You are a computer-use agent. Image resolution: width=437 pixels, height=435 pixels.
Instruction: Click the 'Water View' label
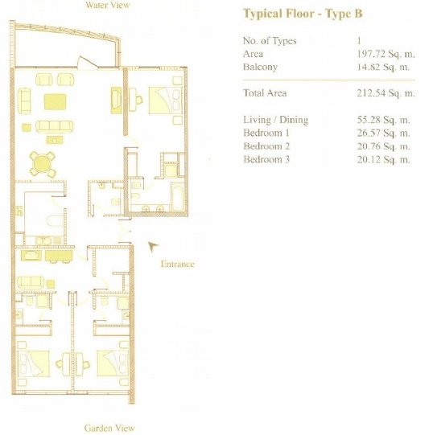coord(107,6)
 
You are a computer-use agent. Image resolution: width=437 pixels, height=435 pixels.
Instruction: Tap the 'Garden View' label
coord(109,429)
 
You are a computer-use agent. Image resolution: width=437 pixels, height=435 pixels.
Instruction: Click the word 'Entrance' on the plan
coord(177,264)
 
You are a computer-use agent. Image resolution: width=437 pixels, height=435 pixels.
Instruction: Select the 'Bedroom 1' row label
coord(266,133)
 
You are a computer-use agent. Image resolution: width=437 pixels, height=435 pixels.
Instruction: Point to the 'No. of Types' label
coord(270,40)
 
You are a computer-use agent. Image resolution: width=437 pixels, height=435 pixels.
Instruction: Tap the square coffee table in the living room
coord(54,101)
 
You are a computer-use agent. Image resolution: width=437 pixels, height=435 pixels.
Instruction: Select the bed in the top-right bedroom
coord(165,101)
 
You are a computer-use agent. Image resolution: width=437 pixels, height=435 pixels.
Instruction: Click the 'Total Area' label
coord(263,93)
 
